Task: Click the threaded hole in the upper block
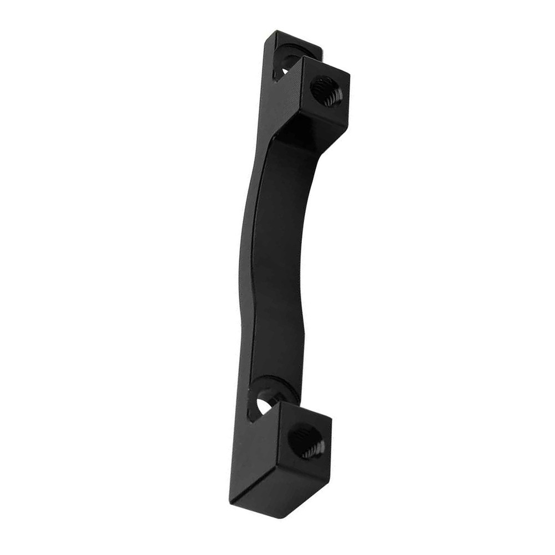click(x=326, y=91)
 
